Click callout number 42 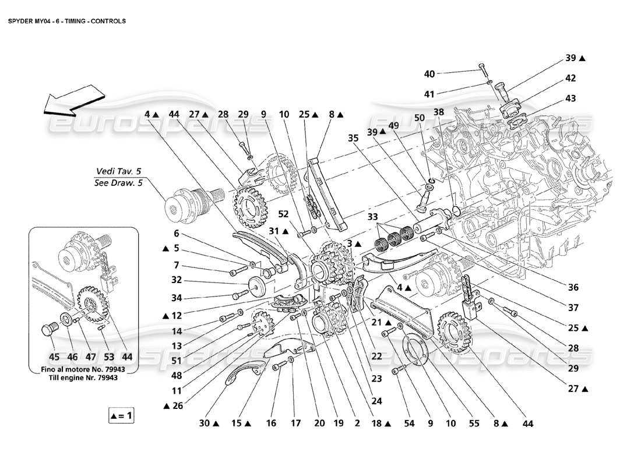pyautogui.click(x=570, y=78)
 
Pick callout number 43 pyautogui.click(x=570, y=99)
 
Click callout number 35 pyautogui.click(x=353, y=138)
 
